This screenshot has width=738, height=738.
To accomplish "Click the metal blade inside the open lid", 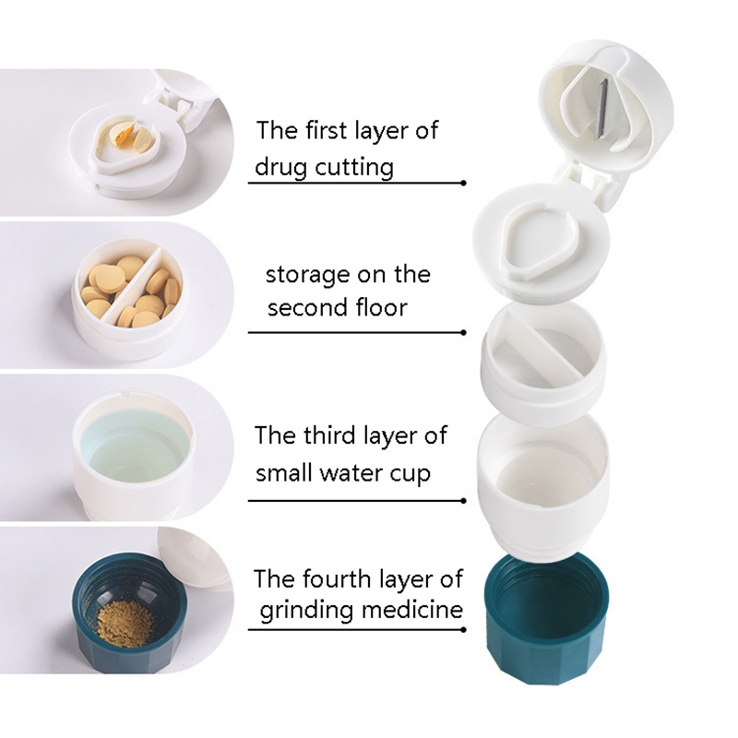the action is pyautogui.click(x=601, y=108).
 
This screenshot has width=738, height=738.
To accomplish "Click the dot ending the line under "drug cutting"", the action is pyautogui.click(x=464, y=183).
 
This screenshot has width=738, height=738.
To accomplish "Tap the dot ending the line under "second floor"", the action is pyautogui.click(x=464, y=332).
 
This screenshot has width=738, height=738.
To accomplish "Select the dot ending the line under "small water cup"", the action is pyautogui.click(x=464, y=500).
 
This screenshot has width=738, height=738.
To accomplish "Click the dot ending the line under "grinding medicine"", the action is pyautogui.click(x=464, y=629).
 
